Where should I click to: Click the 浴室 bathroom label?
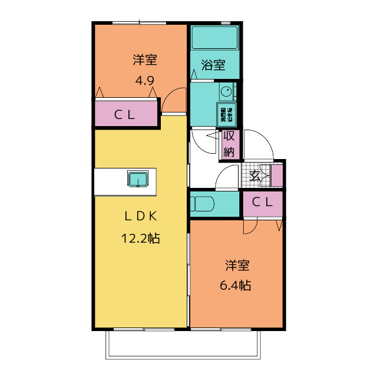click(x=213, y=65)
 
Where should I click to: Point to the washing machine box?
click(x=227, y=114)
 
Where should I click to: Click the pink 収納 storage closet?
click(x=229, y=144)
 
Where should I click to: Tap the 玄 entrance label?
click(x=255, y=175)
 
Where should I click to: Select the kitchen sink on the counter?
click(x=138, y=178)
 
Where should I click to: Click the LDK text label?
click(x=140, y=216)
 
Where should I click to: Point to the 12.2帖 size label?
click(x=140, y=239)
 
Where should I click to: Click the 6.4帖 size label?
click(x=236, y=286)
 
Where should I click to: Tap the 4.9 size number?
click(x=144, y=80)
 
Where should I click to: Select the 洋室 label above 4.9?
click(x=144, y=60)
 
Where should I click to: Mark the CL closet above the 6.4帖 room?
click(x=263, y=203)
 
